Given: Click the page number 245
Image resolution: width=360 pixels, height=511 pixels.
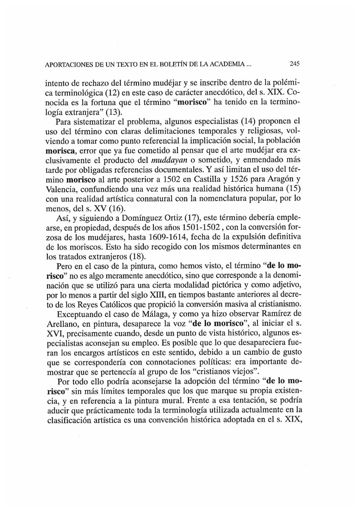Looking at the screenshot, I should click(295, 64).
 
